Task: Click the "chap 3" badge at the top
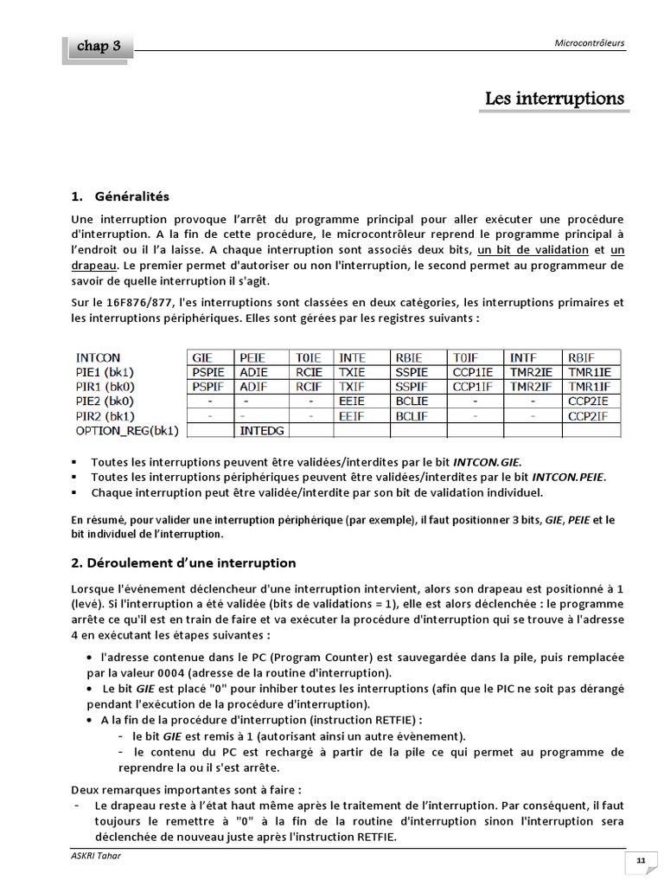pyautogui.click(x=98, y=47)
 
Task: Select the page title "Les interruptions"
pyautogui.click(x=554, y=99)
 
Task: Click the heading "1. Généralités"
pyautogui.click(x=120, y=196)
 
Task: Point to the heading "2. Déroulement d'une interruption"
pyautogui.click(x=183, y=562)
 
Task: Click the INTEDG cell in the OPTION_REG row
pyautogui.click(x=261, y=430)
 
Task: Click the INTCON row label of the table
pyautogui.click(x=99, y=356)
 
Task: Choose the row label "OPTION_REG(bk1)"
pyautogui.click(x=127, y=430)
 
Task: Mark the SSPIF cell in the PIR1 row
pyautogui.click(x=411, y=386)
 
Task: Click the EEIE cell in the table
pyautogui.click(x=352, y=401)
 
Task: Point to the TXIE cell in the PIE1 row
pyautogui.click(x=352, y=371)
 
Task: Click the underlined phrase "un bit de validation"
pyautogui.click(x=533, y=250)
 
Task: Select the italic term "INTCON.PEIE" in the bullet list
pyautogui.click(x=569, y=477)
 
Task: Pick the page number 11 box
pyautogui.click(x=641, y=859)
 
